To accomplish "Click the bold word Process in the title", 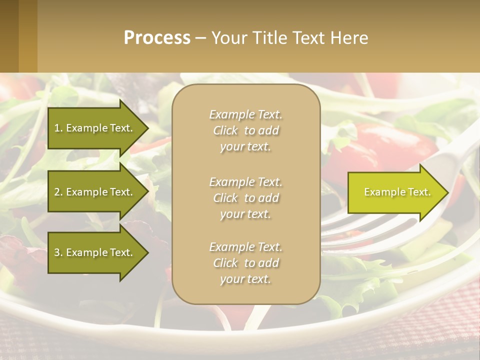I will (157, 38).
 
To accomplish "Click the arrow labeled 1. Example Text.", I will (94, 128).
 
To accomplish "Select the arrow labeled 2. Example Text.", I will (94, 192).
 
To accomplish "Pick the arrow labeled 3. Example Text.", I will (94, 252).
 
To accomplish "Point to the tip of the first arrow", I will (147, 128).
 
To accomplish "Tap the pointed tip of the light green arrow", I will (447, 192).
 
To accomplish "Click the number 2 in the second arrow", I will (57, 192).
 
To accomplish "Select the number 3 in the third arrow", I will (57, 252).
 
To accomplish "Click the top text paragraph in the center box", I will (245, 130).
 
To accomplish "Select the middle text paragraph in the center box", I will (245, 198).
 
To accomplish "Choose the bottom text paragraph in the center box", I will (245, 263).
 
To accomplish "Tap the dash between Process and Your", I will (200, 38).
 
